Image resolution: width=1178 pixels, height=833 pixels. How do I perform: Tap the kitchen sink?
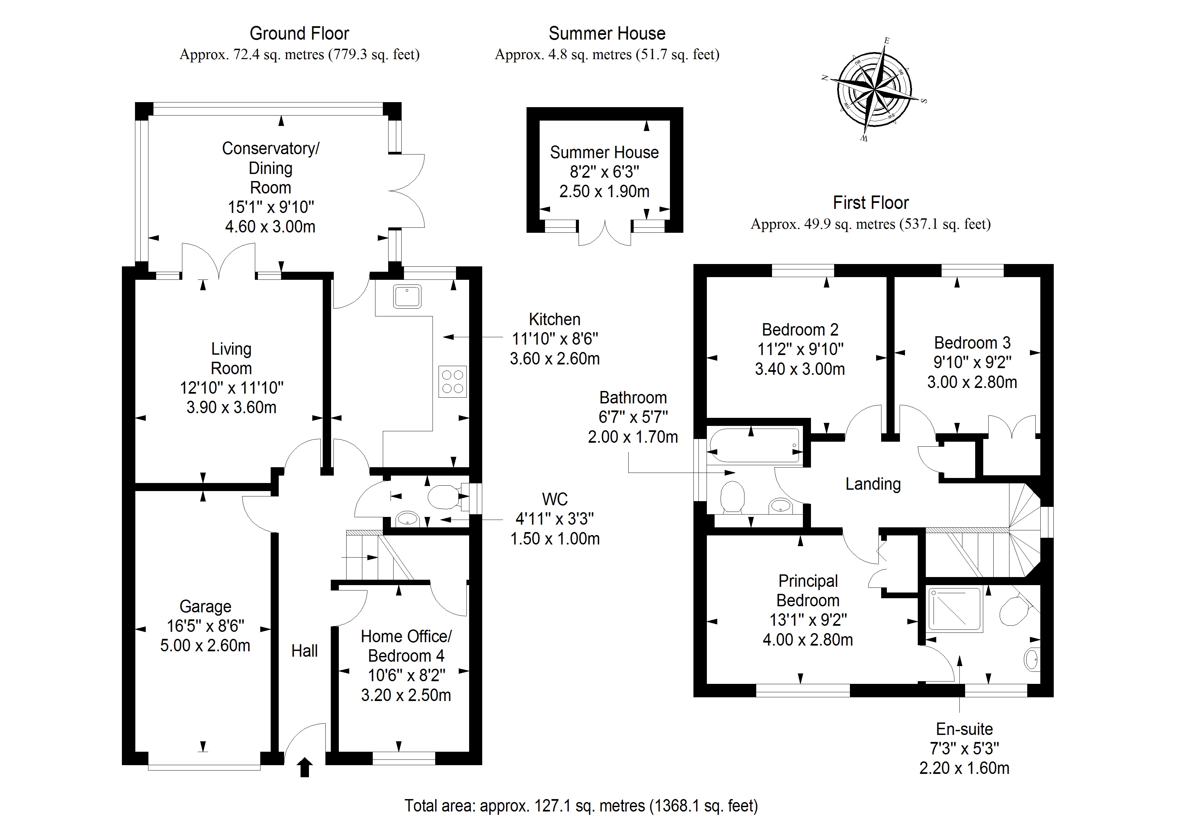(x=407, y=297)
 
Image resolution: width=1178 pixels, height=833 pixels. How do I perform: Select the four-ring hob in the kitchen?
(x=453, y=381)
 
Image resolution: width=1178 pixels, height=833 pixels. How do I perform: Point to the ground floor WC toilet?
(x=443, y=497)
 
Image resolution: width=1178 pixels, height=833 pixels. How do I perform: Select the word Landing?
(x=873, y=484)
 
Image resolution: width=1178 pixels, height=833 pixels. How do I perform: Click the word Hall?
(x=304, y=651)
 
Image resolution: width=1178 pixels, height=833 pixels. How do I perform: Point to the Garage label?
(x=205, y=607)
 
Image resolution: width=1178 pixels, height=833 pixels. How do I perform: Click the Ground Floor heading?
(x=299, y=34)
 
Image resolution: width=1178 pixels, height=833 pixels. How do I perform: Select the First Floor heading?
(x=871, y=203)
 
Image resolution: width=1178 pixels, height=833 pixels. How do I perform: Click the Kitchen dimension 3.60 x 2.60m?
(x=555, y=359)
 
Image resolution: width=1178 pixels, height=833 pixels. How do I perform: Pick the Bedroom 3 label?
(x=972, y=343)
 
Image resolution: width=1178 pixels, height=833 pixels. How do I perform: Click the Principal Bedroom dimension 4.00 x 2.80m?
(x=808, y=640)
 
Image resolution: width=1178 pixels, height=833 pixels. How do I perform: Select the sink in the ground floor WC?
(x=407, y=518)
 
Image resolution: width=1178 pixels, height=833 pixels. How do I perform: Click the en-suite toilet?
(x=1014, y=611)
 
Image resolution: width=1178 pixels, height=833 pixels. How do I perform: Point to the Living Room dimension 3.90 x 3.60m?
(x=231, y=407)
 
